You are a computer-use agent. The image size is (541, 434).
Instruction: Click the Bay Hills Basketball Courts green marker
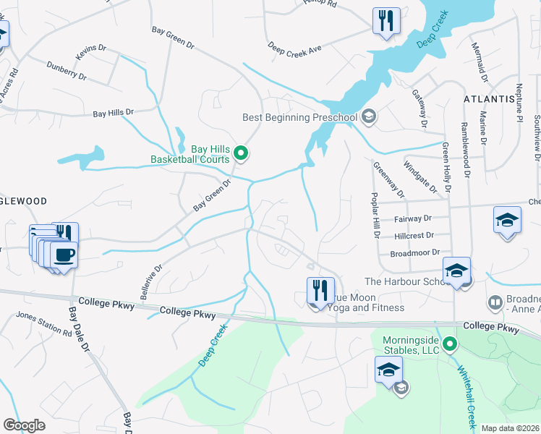click(242, 153)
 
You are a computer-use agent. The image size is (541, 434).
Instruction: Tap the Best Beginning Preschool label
click(300, 117)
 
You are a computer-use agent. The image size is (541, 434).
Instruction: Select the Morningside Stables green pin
click(450, 344)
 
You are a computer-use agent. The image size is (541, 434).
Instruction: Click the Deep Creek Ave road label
click(294, 47)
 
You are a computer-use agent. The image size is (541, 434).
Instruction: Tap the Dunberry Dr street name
click(67, 70)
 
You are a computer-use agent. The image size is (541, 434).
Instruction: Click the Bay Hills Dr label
click(114, 113)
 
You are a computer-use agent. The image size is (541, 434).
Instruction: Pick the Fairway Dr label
click(412, 218)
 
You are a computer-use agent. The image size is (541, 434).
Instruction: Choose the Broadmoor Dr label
click(415, 252)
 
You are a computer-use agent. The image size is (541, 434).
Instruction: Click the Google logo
click(25, 425)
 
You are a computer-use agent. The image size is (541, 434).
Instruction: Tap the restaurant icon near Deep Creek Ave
click(385, 21)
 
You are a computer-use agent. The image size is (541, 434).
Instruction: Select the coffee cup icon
click(64, 255)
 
